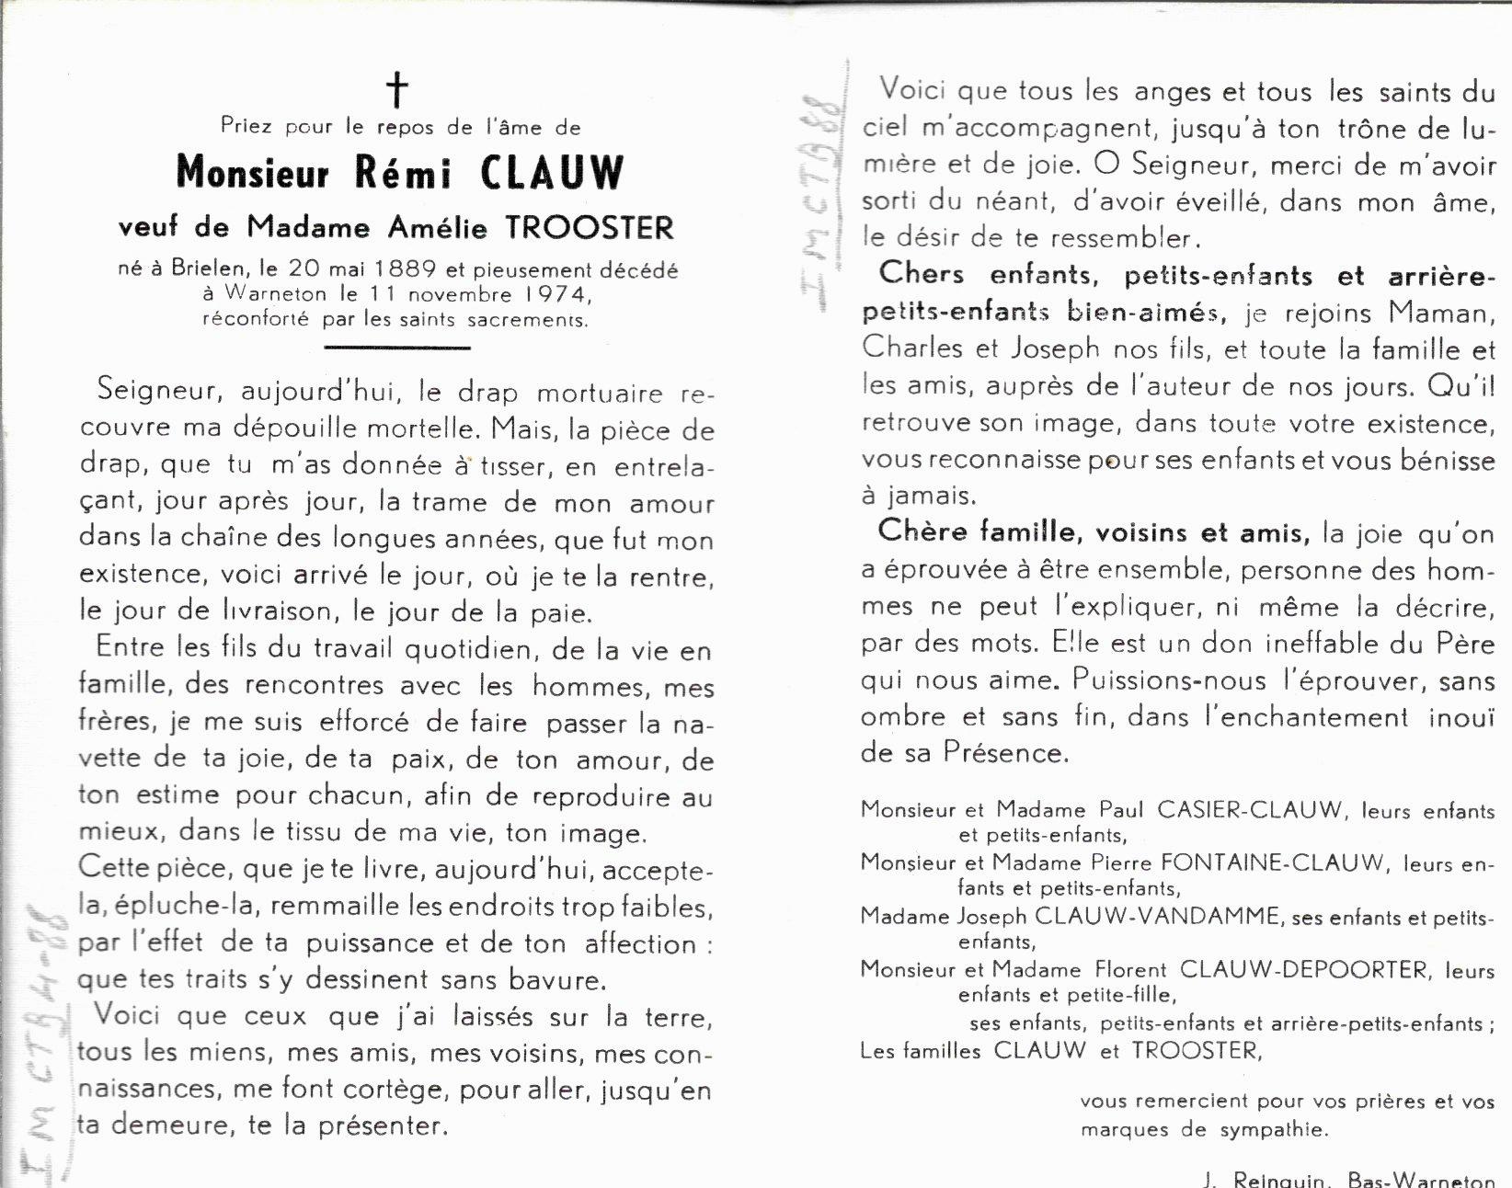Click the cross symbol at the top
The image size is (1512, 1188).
point(396,90)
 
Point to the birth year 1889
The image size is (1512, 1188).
point(399,270)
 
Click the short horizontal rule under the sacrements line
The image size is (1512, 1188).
point(398,348)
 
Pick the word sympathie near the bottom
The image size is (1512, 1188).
point(1275,1130)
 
